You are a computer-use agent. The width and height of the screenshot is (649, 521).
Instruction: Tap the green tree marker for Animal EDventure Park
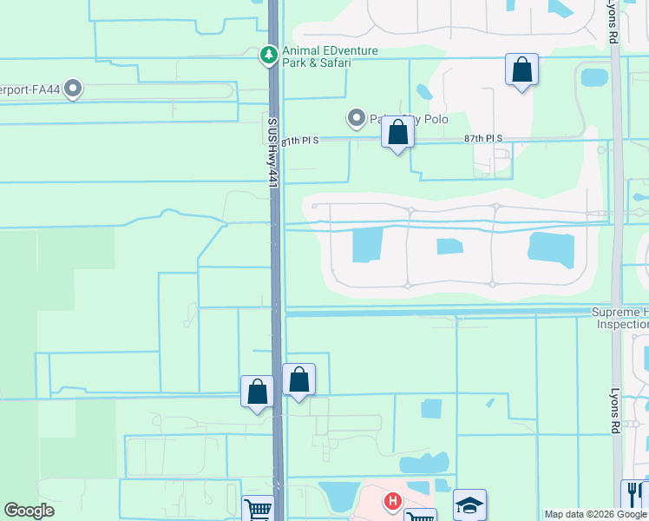pyautogui.click(x=269, y=56)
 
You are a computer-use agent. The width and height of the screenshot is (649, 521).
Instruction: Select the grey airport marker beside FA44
pyautogui.click(x=73, y=88)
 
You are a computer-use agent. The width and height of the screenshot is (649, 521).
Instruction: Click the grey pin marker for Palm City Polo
pyautogui.click(x=356, y=117)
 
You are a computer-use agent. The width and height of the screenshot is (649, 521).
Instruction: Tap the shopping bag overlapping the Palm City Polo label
pyautogui.click(x=397, y=134)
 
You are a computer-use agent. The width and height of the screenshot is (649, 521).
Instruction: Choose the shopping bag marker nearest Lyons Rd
pyautogui.click(x=521, y=70)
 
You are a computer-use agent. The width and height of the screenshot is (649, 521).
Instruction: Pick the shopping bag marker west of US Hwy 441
pyautogui.click(x=258, y=392)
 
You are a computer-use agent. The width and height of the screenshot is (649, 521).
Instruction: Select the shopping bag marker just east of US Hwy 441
pyautogui.click(x=298, y=379)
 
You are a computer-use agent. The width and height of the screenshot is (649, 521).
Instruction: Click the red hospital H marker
pyautogui.click(x=392, y=501)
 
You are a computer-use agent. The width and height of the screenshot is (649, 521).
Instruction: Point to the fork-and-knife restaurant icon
pyautogui.click(x=632, y=494)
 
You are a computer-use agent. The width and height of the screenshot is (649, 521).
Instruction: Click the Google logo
pyautogui.click(x=29, y=510)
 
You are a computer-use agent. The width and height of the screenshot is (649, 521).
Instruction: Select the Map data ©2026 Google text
pyautogui.click(x=595, y=514)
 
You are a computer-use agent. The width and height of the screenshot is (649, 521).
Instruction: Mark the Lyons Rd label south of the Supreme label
pyautogui.click(x=615, y=410)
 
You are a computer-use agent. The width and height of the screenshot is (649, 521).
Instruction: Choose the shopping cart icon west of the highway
pyautogui.click(x=258, y=509)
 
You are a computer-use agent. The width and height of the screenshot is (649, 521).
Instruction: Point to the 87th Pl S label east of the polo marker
pyautogui.click(x=483, y=139)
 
